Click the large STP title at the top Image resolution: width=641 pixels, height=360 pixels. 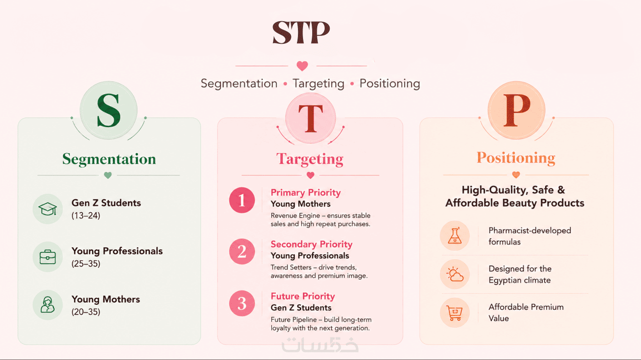(x=301, y=32)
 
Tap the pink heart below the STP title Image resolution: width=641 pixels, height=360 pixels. (x=302, y=66)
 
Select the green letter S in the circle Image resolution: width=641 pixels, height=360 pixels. (x=109, y=110)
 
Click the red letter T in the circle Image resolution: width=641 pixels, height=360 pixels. (x=310, y=118)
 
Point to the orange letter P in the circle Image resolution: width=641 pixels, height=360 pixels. (x=517, y=110)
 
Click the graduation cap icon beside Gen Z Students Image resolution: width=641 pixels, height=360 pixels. (x=47, y=209)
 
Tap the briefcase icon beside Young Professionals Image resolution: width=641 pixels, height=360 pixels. (x=47, y=257)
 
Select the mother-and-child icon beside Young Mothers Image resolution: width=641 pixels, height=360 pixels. (x=47, y=305)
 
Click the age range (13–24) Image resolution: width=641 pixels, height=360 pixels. (x=86, y=215)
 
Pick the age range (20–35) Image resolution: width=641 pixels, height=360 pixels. (x=86, y=312)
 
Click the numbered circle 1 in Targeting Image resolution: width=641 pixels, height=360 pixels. (x=242, y=200)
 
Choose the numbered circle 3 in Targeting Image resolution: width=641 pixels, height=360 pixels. (x=242, y=303)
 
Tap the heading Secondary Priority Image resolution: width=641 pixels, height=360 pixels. (x=311, y=244)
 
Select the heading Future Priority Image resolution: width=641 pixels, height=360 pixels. (x=303, y=296)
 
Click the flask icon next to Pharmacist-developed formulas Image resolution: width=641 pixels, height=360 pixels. (x=455, y=236)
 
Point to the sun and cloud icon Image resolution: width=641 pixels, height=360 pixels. (x=455, y=274)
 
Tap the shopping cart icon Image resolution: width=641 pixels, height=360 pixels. (x=455, y=313)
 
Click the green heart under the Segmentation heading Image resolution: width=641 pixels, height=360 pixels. (x=108, y=175)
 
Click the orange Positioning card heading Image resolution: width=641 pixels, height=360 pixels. (x=516, y=158)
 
